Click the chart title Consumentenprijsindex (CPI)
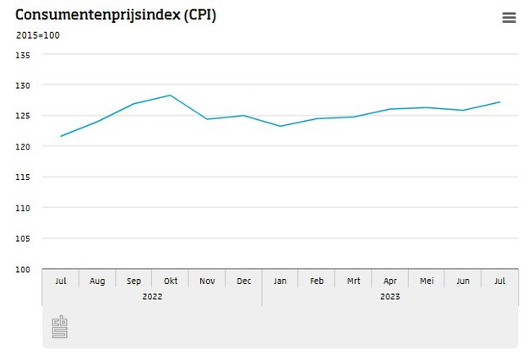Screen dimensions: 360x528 (x=116, y=15)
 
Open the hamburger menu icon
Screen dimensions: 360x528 (x=509, y=18)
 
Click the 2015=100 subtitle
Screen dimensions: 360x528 (x=38, y=35)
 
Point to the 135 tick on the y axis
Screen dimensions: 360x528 (x=23, y=55)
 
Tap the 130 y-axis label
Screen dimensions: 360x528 (x=23, y=85)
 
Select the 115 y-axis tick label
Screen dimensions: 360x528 (x=23, y=177)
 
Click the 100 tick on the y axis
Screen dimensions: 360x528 (x=23, y=270)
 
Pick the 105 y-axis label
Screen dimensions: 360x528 (x=23, y=239)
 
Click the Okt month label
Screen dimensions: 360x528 (x=171, y=281)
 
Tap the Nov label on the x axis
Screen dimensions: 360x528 (x=207, y=281)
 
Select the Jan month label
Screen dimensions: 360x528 (x=280, y=281)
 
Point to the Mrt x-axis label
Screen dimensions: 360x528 (x=353, y=281)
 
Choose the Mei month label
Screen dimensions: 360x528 (x=427, y=281)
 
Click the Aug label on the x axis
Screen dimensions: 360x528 (x=97, y=281)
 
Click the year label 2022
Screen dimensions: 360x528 (x=152, y=297)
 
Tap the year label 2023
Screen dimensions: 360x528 (x=390, y=297)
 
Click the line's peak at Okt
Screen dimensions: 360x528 (x=171, y=95)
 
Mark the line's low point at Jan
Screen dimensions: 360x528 (x=280, y=126)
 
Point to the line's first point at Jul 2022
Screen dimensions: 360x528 (x=61, y=136)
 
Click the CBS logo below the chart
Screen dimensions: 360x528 (x=59, y=327)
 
